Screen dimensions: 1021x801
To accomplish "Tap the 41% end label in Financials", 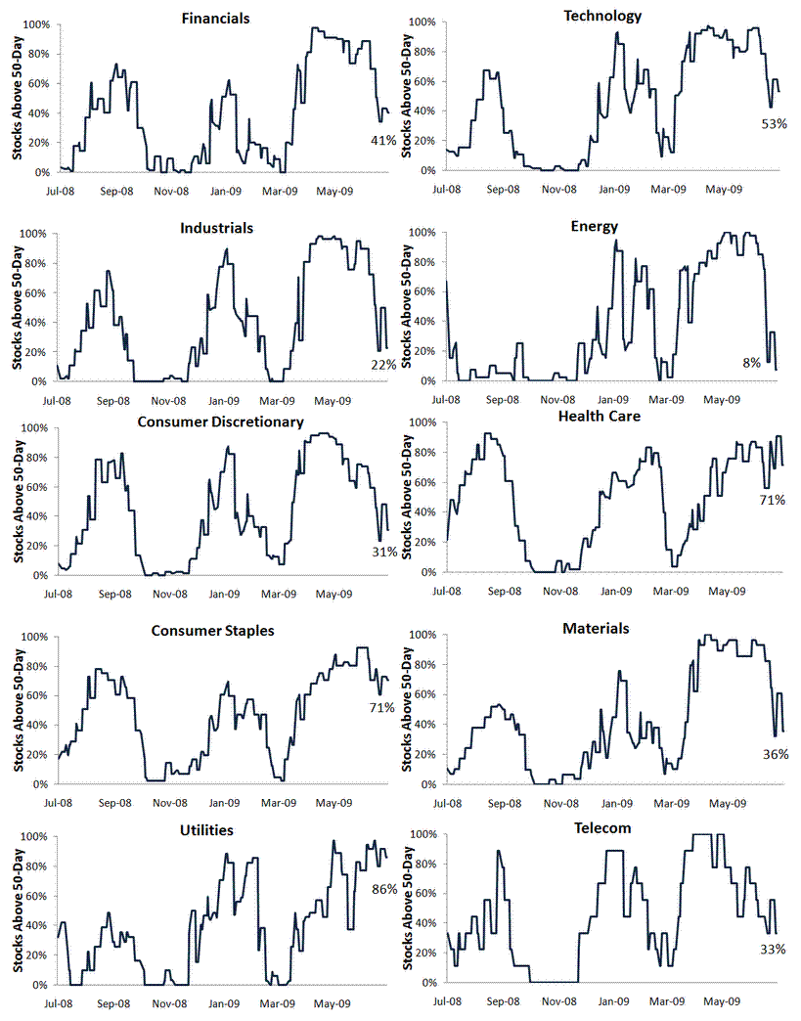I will point(383,140).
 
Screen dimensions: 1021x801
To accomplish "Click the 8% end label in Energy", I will point(751,362).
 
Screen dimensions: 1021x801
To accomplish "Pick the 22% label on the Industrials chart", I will point(383,364).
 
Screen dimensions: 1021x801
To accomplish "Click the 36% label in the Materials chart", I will point(776,754).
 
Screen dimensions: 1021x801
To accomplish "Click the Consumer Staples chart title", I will point(213,630).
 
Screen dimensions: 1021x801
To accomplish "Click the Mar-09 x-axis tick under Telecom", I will point(669,1001).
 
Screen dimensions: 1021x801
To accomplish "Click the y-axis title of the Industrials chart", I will point(17,305).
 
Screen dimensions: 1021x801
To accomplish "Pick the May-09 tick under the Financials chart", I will point(334,191).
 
